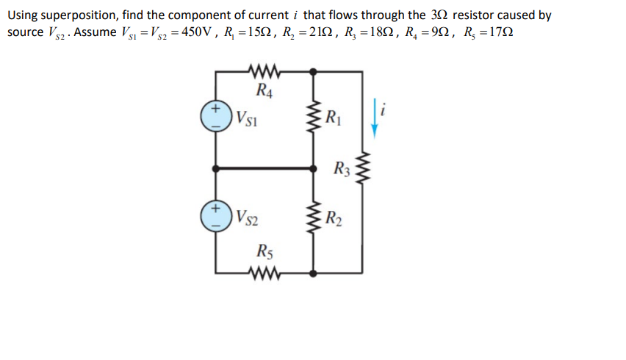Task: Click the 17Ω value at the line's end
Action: (x=497, y=33)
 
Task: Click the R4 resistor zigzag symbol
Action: (x=262, y=72)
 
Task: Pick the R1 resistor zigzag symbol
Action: (x=314, y=119)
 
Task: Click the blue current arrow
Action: (x=374, y=118)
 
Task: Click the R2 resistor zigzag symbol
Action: (x=314, y=217)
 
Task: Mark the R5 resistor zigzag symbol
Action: (x=262, y=273)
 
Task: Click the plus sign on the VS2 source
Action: (x=216, y=209)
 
